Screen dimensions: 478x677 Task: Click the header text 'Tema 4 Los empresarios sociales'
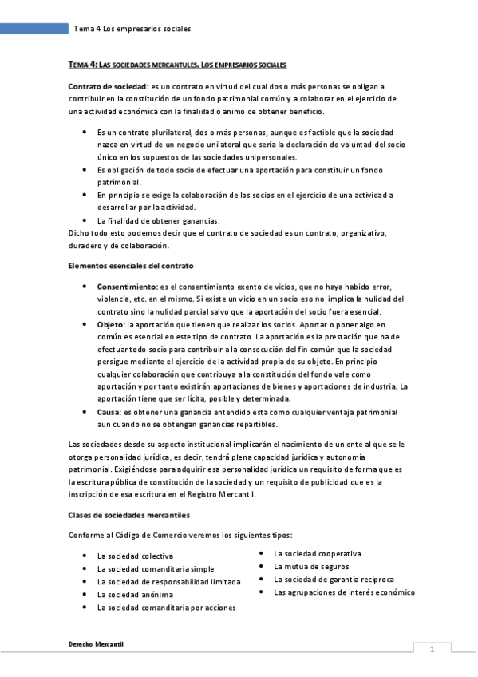pos(132,30)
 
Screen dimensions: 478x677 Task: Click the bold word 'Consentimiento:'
pos(127,286)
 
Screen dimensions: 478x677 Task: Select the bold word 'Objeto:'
pos(111,325)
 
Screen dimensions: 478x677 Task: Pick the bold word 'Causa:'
pos(109,412)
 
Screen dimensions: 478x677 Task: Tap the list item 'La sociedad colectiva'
pos(135,556)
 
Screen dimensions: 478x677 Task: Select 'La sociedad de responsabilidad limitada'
pos(168,581)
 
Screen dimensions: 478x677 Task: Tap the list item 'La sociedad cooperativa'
pos(317,553)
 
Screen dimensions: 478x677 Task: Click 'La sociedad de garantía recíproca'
pos(334,579)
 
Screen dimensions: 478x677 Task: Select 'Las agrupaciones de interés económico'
pos(344,592)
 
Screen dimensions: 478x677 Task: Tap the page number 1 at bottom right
pos(431,650)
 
